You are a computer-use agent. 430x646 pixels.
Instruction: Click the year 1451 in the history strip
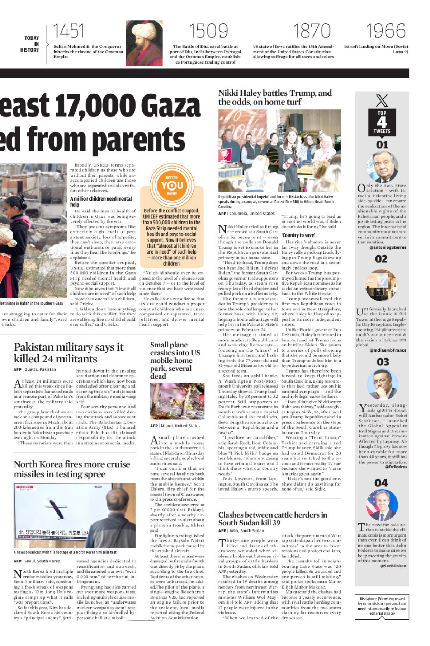click(68, 31)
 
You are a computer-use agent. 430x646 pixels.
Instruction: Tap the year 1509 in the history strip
click(208, 31)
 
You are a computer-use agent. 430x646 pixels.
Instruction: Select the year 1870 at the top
click(312, 31)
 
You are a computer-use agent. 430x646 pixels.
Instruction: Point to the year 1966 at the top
click(386, 31)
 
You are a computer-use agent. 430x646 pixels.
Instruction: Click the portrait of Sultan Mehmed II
click(144, 43)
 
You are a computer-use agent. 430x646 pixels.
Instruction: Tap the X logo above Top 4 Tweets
click(382, 100)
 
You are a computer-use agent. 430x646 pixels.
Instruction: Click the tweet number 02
click(381, 259)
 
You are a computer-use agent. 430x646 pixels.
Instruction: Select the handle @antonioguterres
click(388, 247)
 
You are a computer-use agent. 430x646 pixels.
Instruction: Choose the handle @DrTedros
click(396, 467)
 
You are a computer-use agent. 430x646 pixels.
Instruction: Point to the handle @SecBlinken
click(393, 566)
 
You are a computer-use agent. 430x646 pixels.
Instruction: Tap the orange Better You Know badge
click(172, 185)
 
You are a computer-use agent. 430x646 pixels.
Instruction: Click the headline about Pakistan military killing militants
click(68, 353)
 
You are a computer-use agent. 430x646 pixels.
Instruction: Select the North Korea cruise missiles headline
click(72, 469)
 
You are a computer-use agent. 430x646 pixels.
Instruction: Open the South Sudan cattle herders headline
click(273, 519)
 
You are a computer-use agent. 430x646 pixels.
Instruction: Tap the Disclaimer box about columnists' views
click(382, 606)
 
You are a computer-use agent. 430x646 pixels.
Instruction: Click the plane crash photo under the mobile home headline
click(177, 401)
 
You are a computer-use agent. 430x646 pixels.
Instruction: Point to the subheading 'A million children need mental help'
click(101, 201)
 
